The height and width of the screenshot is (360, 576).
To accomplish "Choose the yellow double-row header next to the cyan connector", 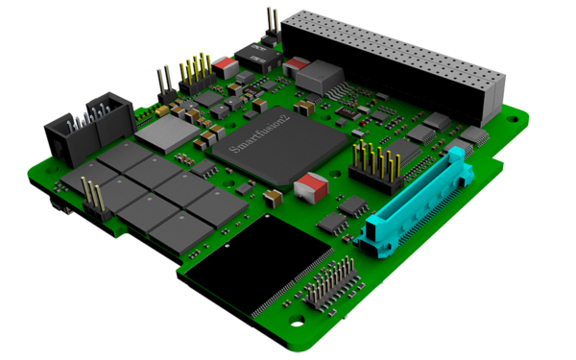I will point(371,165).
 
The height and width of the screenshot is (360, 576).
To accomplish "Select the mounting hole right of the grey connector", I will point(516,122).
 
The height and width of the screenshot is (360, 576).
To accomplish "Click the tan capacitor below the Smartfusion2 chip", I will point(273,197).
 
